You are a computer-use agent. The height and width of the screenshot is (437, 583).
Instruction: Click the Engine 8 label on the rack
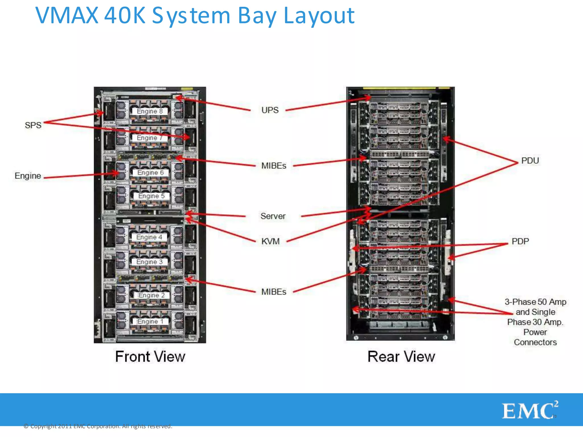click(x=149, y=111)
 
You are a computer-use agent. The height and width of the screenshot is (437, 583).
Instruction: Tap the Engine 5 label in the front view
click(x=151, y=196)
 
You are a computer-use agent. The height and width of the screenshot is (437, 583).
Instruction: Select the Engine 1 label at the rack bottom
click(x=150, y=321)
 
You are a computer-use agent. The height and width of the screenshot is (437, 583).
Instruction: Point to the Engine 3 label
click(x=149, y=262)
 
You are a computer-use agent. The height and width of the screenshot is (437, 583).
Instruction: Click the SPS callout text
click(x=33, y=125)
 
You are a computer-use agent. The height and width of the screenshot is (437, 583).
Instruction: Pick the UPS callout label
click(x=270, y=110)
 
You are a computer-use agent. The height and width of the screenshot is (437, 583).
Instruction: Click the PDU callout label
click(x=530, y=161)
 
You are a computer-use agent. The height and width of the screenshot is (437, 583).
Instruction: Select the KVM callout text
click(x=270, y=241)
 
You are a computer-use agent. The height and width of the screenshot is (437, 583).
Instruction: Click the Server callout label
click(x=273, y=216)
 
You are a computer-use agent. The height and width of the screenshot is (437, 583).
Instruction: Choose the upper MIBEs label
click(x=274, y=166)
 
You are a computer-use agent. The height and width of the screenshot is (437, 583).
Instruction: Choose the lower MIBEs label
click(x=274, y=292)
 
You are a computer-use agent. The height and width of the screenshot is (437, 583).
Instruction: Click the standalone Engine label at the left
click(x=28, y=176)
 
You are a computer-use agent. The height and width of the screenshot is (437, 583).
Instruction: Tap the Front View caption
click(x=150, y=357)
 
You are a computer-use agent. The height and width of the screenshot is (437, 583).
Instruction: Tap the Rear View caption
click(x=401, y=357)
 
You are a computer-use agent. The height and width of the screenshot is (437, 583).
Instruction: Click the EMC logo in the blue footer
click(x=529, y=411)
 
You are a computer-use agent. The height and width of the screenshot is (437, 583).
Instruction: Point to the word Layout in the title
click(x=319, y=16)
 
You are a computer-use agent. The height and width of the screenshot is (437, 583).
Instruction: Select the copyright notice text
click(x=98, y=426)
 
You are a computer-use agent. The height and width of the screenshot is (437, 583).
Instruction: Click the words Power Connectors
click(x=535, y=337)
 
